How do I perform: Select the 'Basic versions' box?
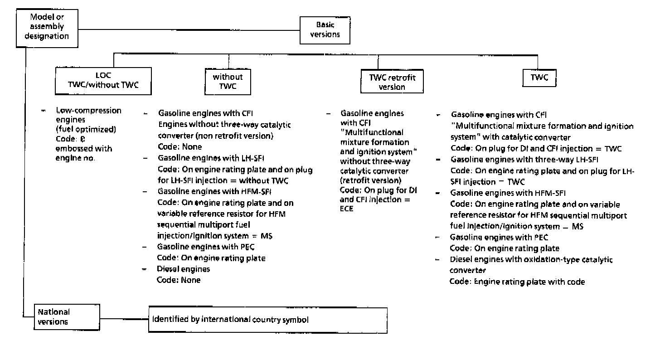click(325, 30)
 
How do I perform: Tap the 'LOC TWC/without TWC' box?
click(103, 81)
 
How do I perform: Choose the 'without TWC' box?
click(228, 81)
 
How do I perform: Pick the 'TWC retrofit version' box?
click(392, 82)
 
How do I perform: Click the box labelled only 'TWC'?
click(539, 78)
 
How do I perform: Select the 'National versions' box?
click(67, 317)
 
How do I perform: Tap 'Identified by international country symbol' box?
click(268, 320)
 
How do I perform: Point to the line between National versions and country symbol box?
click(124, 318)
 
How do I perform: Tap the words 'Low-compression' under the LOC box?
click(88, 111)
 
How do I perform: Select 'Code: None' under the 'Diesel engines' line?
click(179, 280)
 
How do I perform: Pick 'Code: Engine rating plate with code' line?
click(517, 282)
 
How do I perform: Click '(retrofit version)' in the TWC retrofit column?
click(370, 180)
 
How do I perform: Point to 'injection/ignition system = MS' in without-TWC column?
click(214, 236)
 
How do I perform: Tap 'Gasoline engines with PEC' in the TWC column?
click(499, 237)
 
